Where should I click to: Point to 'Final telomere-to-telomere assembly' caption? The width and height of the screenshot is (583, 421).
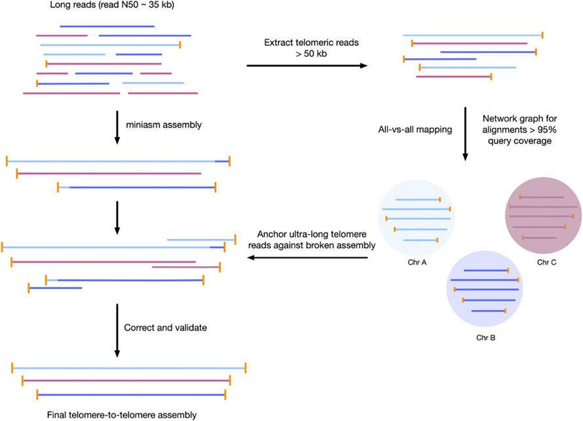(122, 414)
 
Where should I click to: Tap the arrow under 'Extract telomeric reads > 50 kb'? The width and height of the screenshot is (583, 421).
(306, 65)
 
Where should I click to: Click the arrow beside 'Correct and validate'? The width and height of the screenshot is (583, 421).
(117, 331)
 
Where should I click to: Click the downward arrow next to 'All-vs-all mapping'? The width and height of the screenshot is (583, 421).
(465, 134)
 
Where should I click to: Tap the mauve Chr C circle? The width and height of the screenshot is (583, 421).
(544, 216)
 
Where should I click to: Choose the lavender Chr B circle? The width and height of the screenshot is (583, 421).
(484, 295)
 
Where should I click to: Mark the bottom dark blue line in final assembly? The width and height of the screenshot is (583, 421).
(131, 395)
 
